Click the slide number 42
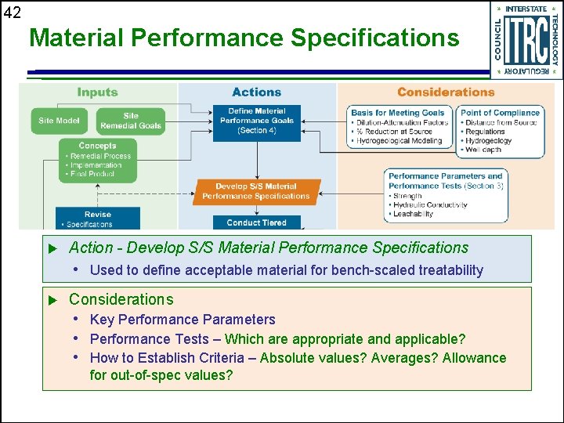(x=13, y=12)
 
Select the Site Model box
(x=59, y=121)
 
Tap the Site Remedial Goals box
(x=131, y=121)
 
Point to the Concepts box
(x=97, y=160)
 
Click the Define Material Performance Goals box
(x=257, y=121)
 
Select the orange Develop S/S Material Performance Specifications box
(x=257, y=191)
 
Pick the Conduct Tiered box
(x=257, y=222)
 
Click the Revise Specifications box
(x=98, y=219)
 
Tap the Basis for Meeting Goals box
(x=399, y=127)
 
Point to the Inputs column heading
(x=98, y=92)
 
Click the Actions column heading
(x=257, y=92)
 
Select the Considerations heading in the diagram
(x=446, y=92)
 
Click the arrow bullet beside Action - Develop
(x=54, y=248)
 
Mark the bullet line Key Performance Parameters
(x=183, y=320)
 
